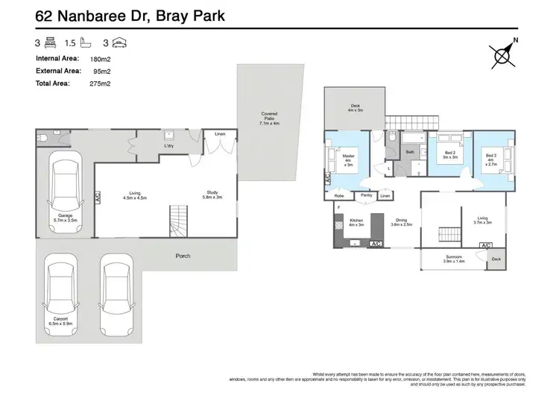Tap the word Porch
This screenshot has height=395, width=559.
[183, 256]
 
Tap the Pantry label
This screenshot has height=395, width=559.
[365, 195]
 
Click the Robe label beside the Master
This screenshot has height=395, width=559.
[338, 195]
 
